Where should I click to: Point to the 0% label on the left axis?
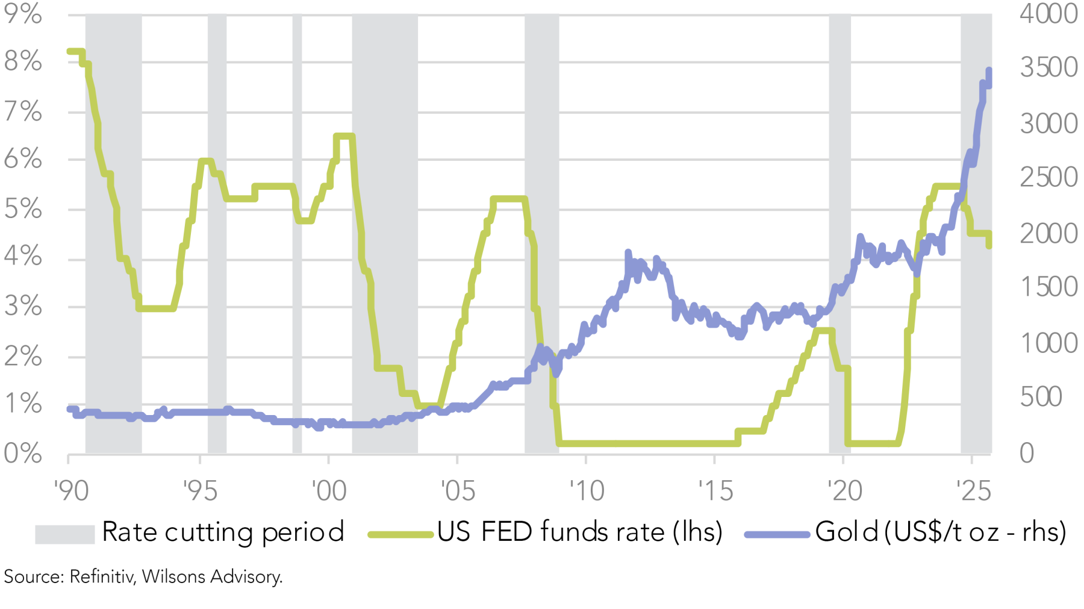pyautogui.click(x=23, y=453)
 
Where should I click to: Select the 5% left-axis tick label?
pyautogui.click(x=23, y=209)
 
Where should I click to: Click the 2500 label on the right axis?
pyautogui.click(x=1048, y=177)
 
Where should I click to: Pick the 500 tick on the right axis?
pyautogui.click(x=1041, y=397)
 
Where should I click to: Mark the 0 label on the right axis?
pyautogui.click(x=1027, y=453)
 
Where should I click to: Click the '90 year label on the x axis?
pyautogui.click(x=71, y=491)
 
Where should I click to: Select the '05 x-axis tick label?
pyautogui.click(x=458, y=491)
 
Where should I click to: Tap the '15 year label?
pyautogui.click(x=715, y=491)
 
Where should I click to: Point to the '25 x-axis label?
pyautogui.click(x=974, y=491)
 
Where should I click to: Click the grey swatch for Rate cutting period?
pyautogui.click(x=64, y=534)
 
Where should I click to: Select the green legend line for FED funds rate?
pyautogui.click(x=400, y=534)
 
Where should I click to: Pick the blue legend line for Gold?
pyautogui.click(x=777, y=534)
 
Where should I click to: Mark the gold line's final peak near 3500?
pyautogui.click(x=988, y=72)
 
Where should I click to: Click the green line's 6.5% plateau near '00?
pyautogui.click(x=343, y=136)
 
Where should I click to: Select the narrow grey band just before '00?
pyautogui.click(x=297, y=235)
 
